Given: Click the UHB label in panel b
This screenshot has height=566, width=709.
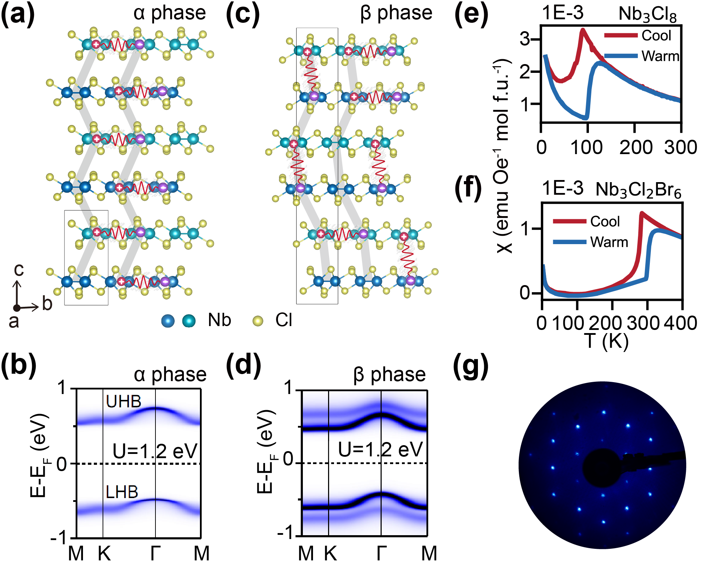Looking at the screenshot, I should [x=124, y=401].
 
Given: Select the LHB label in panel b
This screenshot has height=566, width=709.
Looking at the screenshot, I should [x=122, y=492].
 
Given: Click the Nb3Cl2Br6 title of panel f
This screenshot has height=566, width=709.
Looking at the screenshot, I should [x=638, y=190].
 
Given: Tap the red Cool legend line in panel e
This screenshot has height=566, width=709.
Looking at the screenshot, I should [x=621, y=35].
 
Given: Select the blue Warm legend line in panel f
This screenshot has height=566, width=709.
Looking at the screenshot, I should [x=569, y=242].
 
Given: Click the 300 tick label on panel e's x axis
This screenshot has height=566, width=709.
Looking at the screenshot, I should [x=680, y=147].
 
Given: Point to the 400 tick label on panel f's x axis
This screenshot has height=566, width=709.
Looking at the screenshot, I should [x=681, y=323].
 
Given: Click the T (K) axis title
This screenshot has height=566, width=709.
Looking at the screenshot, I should [x=606, y=340].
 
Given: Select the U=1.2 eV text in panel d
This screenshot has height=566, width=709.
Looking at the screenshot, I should [x=381, y=449].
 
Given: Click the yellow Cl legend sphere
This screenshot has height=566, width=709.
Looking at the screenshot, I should [x=258, y=320].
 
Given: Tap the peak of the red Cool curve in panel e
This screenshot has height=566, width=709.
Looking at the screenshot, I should [x=583, y=29].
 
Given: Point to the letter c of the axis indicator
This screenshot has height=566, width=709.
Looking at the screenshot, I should [x=19, y=270].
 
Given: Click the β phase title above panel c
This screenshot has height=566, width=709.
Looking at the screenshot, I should [x=396, y=13].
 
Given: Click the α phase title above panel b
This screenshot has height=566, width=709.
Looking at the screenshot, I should [x=170, y=374].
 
